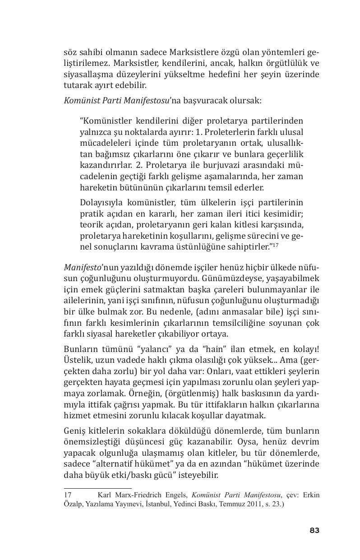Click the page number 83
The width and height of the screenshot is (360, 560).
pos(314,531)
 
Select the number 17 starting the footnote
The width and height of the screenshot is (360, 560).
pos(68,495)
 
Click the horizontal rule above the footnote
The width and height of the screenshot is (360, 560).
pos(97,488)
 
